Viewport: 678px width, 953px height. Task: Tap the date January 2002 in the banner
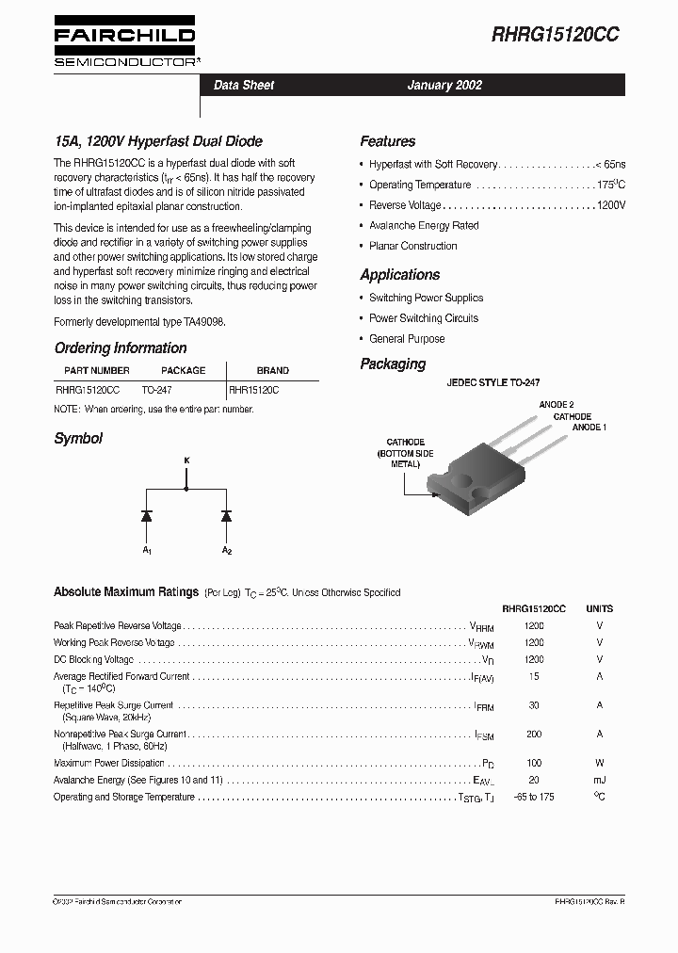444,85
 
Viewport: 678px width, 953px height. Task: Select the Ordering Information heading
121,347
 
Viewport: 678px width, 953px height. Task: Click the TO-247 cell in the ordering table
156,389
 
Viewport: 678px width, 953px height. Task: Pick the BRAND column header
273,370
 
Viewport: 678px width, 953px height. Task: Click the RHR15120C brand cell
254,389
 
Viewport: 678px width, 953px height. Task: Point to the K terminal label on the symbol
186,460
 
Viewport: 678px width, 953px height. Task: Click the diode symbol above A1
147,515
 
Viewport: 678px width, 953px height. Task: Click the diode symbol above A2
226,515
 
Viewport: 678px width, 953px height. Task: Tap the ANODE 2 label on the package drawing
556,404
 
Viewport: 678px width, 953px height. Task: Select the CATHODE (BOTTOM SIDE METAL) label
405,453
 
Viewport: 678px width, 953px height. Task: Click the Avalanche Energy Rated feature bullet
423,226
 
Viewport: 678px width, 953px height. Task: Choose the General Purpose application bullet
406,339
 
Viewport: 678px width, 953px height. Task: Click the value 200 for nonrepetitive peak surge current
534,734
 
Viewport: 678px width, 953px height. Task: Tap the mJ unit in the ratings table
599,780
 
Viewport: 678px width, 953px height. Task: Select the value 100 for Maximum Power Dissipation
534,763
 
